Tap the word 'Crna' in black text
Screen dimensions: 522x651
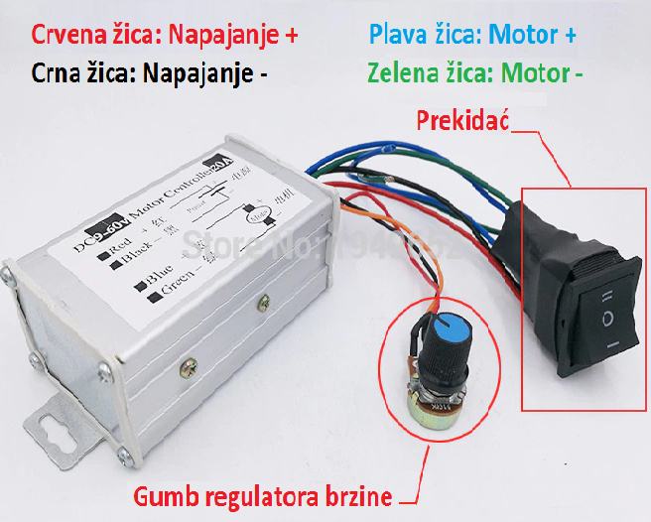[x=38, y=73]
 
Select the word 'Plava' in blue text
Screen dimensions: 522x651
[x=395, y=34]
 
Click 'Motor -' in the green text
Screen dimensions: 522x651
[x=538, y=73]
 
